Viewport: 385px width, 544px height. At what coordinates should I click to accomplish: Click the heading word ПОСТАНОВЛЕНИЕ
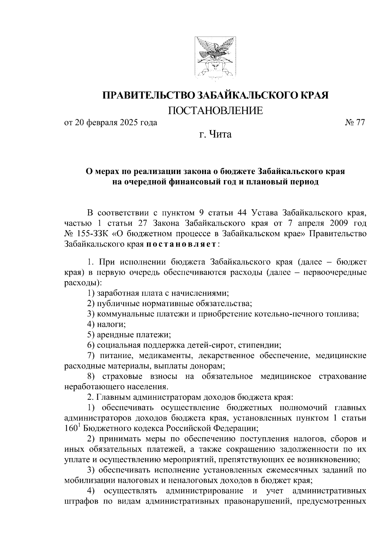click(215, 111)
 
